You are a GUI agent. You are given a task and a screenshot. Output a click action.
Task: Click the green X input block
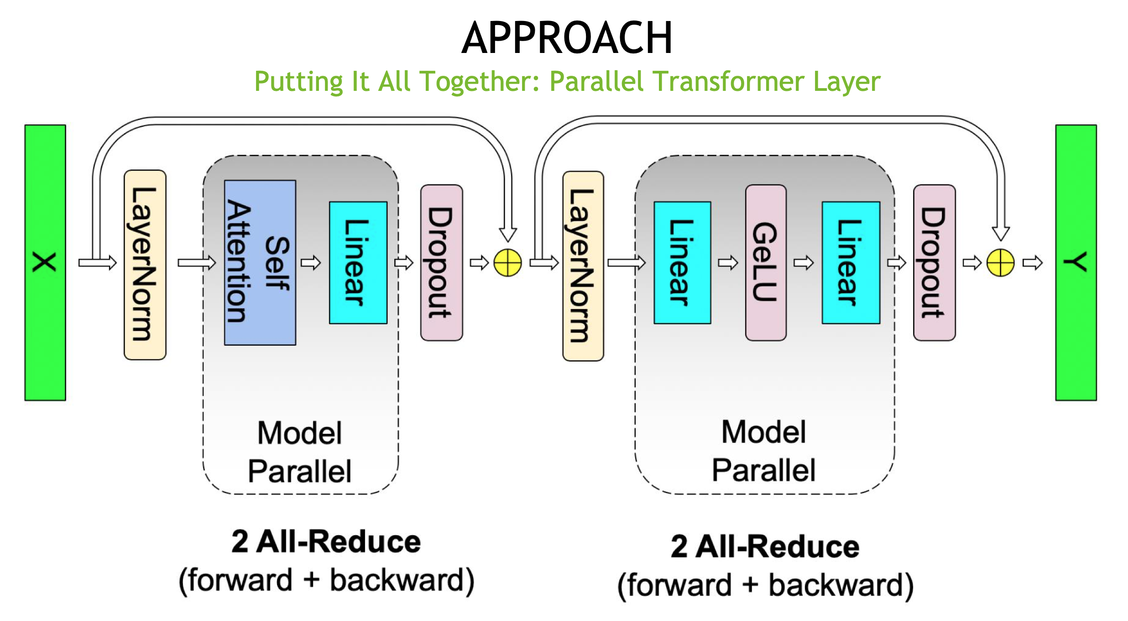(45, 263)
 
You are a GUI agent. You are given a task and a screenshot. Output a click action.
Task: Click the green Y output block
(1076, 263)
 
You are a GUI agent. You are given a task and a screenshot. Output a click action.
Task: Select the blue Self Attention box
(260, 263)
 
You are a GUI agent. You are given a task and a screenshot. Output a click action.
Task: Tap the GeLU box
(765, 263)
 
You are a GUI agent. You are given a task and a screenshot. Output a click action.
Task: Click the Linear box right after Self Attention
(358, 263)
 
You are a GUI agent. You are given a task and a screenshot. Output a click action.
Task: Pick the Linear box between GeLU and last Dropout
(851, 263)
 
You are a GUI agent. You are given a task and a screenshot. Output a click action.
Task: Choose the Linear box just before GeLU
(682, 263)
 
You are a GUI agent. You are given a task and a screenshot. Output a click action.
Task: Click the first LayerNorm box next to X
(145, 265)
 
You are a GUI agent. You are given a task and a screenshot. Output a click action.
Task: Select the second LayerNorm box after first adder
(583, 266)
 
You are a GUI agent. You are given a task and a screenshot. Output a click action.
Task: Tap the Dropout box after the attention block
(441, 263)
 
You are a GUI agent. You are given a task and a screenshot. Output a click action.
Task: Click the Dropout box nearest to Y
(934, 263)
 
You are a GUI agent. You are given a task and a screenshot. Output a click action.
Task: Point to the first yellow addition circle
(507, 263)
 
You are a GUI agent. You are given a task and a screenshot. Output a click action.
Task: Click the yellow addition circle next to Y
(1000, 263)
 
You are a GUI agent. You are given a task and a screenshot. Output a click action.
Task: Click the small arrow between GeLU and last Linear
(804, 263)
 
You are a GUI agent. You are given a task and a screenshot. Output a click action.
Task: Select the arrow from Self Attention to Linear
(311, 263)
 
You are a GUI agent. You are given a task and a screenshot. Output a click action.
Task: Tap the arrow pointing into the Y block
(1033, 263)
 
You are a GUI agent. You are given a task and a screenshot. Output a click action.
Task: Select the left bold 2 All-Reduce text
(326, 542)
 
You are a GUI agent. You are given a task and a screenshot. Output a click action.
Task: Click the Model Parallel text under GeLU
(763, 451)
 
